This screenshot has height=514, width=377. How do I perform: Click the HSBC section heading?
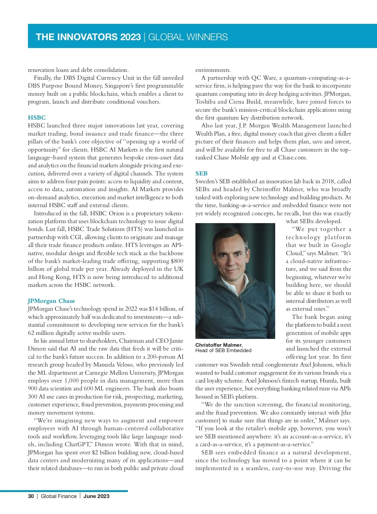pos(37,118)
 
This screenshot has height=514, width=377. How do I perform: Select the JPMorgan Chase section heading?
pos(51,301)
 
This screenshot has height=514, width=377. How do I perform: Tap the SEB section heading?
pos(201,174)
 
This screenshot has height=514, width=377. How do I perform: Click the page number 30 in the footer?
pos(31,496)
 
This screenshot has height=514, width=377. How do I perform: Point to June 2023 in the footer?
pos(96,496)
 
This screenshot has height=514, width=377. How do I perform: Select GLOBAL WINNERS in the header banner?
pos(188,37)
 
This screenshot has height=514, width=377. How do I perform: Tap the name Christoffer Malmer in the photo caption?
pos(218,345)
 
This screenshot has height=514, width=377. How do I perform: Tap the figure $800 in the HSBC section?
pos(177,261)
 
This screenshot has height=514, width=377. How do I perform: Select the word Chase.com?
pos(292,158)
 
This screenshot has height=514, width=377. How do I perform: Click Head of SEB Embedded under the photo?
pos(223,351)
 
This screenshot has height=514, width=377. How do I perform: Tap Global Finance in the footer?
pos(59,496)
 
